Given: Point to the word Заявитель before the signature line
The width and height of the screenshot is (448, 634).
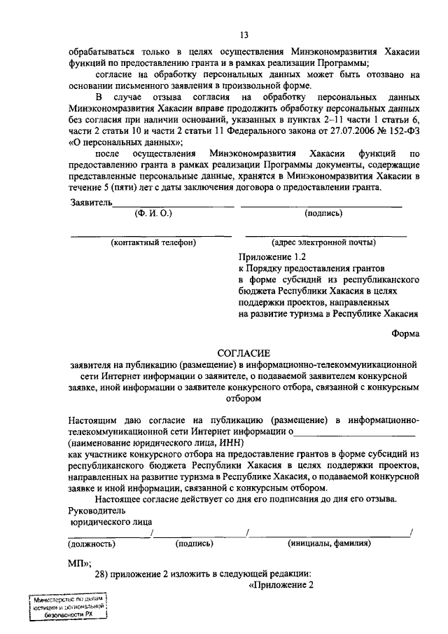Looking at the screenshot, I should click(x=91, y=202).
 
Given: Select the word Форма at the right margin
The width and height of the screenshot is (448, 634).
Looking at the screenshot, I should click(x=405, y=334).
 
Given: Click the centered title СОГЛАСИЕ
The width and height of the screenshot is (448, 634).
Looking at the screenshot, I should click(x=244, y=353).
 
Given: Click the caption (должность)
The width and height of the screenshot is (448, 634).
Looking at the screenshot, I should click(x=92, y=543).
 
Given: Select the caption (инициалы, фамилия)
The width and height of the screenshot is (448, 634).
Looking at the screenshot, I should click(x=329, y=543).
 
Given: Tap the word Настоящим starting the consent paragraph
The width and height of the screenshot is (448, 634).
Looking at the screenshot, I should click(x=94, y=420).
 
